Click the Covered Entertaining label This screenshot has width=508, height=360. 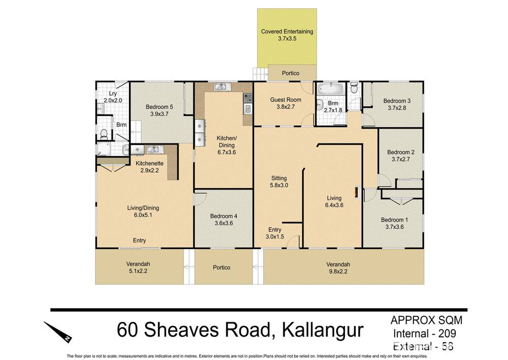click(x=287, y=32)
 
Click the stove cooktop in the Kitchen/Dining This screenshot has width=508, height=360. click(x=248, y=97)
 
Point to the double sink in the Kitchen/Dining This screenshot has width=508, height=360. click(x=221, y=87)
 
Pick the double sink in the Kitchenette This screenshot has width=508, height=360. click(x=153, y=149)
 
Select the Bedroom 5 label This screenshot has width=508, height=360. click(x=160, y=107)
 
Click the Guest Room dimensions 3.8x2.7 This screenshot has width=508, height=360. click(x=285, y=107)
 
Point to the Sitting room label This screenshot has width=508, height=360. click(x=278, y=178)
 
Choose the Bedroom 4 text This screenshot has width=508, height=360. click(x=224, y=216)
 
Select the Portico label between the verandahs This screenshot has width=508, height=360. click(x=221, y=267)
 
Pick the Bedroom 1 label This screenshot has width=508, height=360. click(x=394, y=220)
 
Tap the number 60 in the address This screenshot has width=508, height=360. click(x=128, y=330)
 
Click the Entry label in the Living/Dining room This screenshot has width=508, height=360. click(x=139, y=241)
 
